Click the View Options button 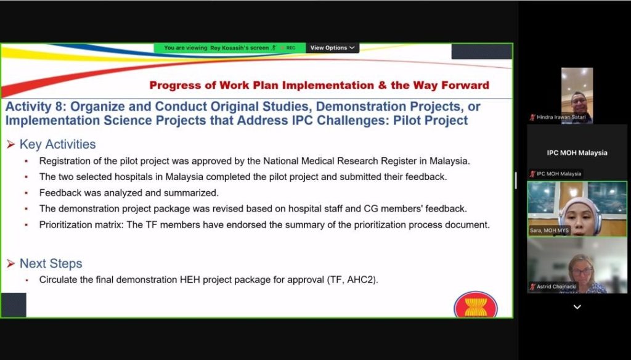(x=332, y=48)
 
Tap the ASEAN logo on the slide (x=476, y=305)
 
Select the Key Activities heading (x=57, y=144)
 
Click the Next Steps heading (x=51, y=263)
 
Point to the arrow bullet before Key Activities (x=11, y=144)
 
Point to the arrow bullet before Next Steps (x=11, y=264)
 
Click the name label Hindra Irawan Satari (x=561, y=117)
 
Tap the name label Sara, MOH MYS (x=549, y=231)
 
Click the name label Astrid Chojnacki (x=556, y=287)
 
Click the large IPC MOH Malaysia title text (x=577, y=153)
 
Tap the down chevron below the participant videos (x=577, y=307)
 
